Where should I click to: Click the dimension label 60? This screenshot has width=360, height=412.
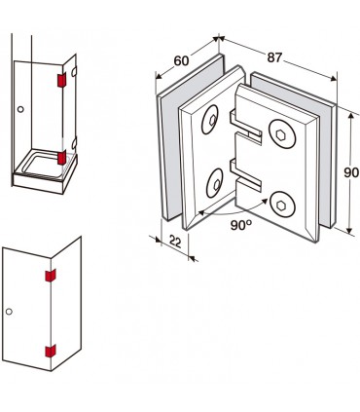click(181, 60)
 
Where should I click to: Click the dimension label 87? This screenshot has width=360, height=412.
click(274, 57)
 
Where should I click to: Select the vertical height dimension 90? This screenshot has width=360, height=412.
click(351, 172)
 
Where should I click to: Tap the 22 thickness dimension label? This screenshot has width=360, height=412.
click(175, 242)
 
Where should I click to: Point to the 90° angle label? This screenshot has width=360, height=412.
click(241, 224)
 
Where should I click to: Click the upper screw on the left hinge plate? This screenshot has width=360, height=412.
click(210, 120)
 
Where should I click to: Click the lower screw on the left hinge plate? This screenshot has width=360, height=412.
click(215, 183)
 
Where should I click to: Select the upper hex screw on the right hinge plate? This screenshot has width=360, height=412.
click(282, 133)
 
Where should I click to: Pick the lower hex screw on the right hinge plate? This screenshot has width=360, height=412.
click(283, 205)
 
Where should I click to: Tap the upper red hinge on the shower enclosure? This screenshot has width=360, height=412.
click(61, 80)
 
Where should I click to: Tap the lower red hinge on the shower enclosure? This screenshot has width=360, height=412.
click(61, 157)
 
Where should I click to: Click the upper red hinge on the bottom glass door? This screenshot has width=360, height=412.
click(51, 276)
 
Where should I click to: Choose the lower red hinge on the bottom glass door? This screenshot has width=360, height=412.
click(51, 351)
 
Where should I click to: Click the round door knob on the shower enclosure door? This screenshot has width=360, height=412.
click(20, 109)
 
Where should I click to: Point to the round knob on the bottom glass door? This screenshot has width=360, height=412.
click(9, 312)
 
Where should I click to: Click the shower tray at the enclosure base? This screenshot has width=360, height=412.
click(45, 171)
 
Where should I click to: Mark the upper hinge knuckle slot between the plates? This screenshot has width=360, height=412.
click(245, 127)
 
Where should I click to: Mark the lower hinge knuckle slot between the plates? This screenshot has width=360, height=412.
click(245, 174)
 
